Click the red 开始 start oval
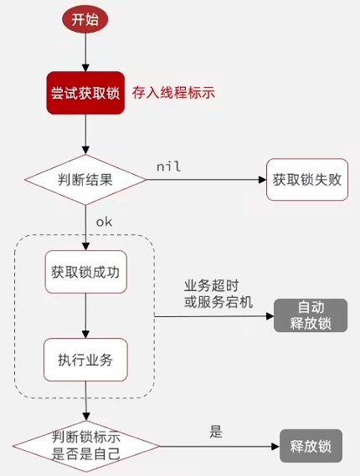tap(85, 19)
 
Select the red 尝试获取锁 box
tap(85, 93)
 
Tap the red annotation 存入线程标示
tap(173, 92)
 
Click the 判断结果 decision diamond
tap(85, 180)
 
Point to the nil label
tap(168, 166)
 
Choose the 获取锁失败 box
tap(307, 179)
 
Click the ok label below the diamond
tap(104, 222)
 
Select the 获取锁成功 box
tap(86, 272)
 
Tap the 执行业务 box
tap(85, 360)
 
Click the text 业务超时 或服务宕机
tap(219, 294)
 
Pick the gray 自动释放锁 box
tap(311, 315)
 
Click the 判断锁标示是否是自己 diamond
tap(86, 446)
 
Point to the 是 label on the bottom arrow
tap(216, 431)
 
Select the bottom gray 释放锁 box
tap(311, 446)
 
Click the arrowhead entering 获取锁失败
tap(263, 180)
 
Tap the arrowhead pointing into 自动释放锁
tap(270, 316)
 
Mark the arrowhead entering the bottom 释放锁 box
tap(275, 446)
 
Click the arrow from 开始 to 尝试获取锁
tap(85, 52)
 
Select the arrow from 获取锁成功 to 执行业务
tap(85, 315)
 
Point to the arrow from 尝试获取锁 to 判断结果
tap(85, 135)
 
